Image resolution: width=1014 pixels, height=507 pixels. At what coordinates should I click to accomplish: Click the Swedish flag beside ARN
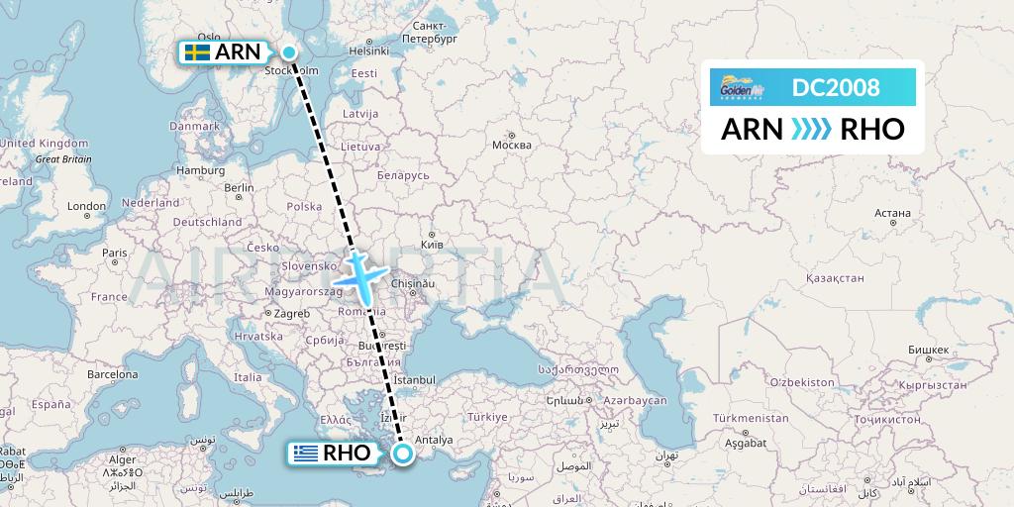tap(197, 52)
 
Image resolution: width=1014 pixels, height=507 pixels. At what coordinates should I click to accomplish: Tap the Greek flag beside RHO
tap(304, 454)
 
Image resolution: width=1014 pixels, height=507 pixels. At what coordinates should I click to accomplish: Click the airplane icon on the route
tap(357, 273)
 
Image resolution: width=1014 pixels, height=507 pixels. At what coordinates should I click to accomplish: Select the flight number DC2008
tap(836, 88)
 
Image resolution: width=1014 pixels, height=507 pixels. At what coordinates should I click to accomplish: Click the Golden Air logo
tap(739, 88)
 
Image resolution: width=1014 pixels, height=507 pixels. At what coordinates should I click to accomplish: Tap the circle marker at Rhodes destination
tap(403, 454)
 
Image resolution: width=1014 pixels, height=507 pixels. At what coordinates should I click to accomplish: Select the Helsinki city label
tap(368, 51)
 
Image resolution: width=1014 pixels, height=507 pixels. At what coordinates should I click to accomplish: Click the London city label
tap(87, 206)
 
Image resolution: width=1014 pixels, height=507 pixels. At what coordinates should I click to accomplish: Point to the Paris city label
tap(114, 253)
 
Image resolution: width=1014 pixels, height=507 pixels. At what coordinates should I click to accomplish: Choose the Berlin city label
tap(240, 187)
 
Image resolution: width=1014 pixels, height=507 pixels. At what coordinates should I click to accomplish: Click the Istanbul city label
tap(414, 379)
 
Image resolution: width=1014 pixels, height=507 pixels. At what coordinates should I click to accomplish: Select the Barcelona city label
tap(112, 375)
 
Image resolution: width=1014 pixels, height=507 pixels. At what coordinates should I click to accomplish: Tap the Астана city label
tap(892, 212)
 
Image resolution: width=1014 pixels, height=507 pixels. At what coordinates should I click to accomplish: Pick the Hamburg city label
tap(201, 169)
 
